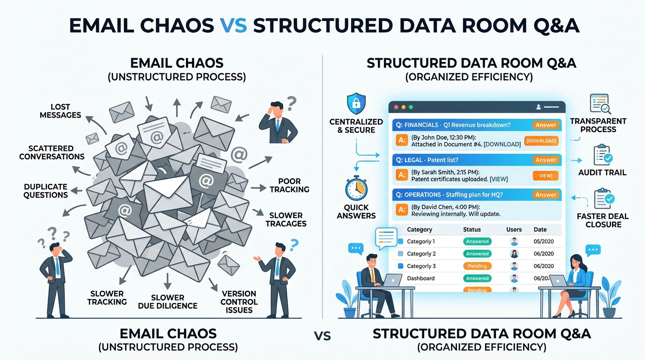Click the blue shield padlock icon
coord(356,104)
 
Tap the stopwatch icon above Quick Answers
coord(356,188)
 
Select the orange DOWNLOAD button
coord(541,141)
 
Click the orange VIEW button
coord(545,176)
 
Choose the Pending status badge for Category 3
coord(477,266)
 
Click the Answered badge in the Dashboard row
coord(477,278)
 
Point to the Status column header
coord(472,230)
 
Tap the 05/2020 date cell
coord(544,241)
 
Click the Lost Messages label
coord(60,111)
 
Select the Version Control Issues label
coord(239,302)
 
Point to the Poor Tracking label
coord(289,185)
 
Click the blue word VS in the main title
coord(233,25)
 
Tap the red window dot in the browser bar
coord(396,107)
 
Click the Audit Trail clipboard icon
coord(603,155)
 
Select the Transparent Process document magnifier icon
coord(600,104)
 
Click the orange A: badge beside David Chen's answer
coord(402,210)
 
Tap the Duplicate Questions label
coord(46,191)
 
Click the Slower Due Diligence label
coord(168,301)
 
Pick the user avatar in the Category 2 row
coord(514,254)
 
